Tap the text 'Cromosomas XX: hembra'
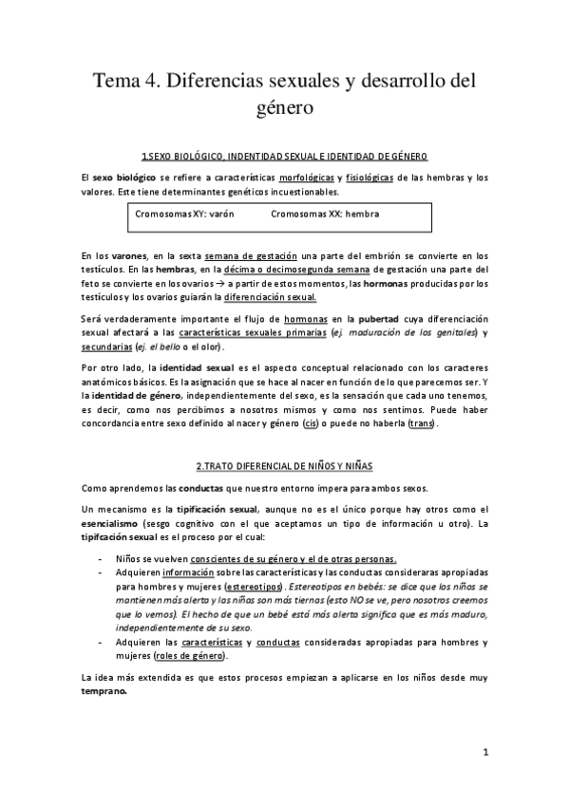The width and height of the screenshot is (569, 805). (325, 214)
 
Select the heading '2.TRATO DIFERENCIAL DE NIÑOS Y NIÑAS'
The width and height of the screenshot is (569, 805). (284, 466)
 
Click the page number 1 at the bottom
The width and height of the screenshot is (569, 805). (484, 754)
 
